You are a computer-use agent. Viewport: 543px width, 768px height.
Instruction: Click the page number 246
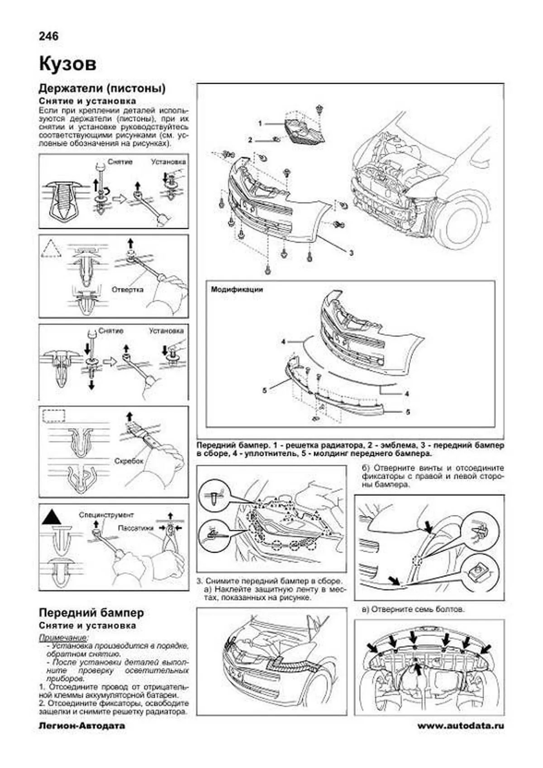[49, 36]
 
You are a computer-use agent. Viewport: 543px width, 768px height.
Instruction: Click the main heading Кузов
[67, 64]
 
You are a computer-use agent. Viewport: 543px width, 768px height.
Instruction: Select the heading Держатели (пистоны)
[102, 88]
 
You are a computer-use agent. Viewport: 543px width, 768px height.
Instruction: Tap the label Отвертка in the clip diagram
[127, 289]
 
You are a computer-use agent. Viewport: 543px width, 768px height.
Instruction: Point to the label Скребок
[129, 461]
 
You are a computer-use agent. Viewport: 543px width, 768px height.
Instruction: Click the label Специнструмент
[106, 515]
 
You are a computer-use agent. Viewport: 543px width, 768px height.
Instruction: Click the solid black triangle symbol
[52, 517]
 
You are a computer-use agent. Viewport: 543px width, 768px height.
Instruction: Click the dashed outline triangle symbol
[51, 248]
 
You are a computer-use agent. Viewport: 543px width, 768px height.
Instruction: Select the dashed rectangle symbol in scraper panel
[53, 415]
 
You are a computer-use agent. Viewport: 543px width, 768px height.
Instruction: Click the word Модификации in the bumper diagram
[236, 290]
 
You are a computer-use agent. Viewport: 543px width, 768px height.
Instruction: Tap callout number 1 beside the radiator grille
[260, 123]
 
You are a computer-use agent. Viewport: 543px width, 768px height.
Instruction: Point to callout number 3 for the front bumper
[351, 253]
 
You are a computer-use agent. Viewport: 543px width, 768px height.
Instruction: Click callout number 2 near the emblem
[250, 140]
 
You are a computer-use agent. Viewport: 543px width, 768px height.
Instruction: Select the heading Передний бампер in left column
[91, 613]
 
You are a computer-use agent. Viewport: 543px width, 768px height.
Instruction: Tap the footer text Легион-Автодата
[82, 726]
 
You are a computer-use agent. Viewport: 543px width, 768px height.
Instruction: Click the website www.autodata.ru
[460, 726]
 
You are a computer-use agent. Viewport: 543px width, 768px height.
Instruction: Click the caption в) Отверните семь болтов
[413, 610]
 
